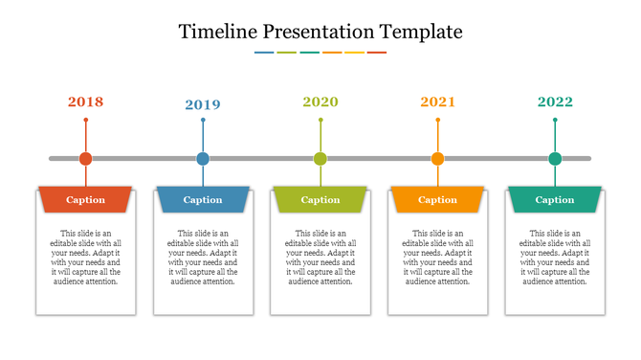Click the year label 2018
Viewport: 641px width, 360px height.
(x=86, y=101)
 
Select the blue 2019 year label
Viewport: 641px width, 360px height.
(x=203, y=104)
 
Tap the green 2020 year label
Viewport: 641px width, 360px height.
(x=320, y=101)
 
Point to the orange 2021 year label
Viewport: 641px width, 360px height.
(x=437, y=101)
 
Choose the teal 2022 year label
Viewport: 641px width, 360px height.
(x=555, y=101)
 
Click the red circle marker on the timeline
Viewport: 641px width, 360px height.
(x=86, y=159)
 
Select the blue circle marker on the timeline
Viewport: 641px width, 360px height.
(x=203, y=159)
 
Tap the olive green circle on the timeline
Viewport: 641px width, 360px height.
(x=320, y=159)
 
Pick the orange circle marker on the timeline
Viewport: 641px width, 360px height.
(x=437, y=159)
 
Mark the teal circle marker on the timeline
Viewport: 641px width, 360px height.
(x=555, y=159)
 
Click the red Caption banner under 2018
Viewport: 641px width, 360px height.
(x=86, y=200)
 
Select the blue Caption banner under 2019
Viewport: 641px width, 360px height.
(x=203, y=200)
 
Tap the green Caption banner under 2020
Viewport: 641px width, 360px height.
(x=320, y=200)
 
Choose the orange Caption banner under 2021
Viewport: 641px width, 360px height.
(x=437, y=200)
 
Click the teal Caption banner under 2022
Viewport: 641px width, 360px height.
(x=555, y=200)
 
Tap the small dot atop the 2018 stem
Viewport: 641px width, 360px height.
(x=86, y=120)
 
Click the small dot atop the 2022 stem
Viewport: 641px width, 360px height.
(x=555, y=120)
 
